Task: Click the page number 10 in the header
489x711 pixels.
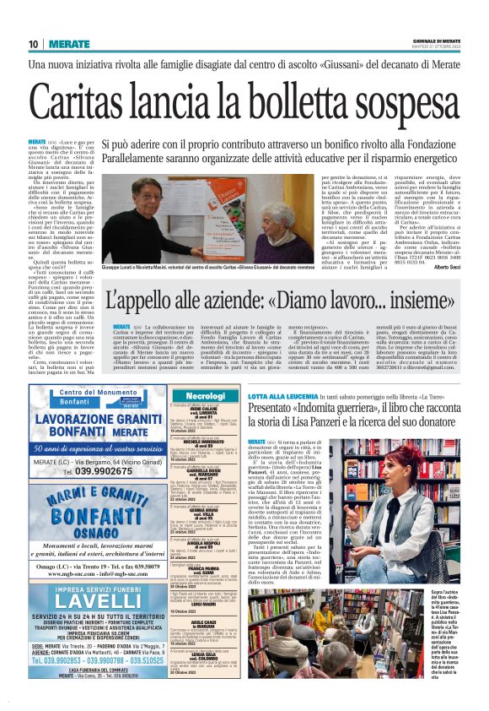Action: (x=33, y=44)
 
